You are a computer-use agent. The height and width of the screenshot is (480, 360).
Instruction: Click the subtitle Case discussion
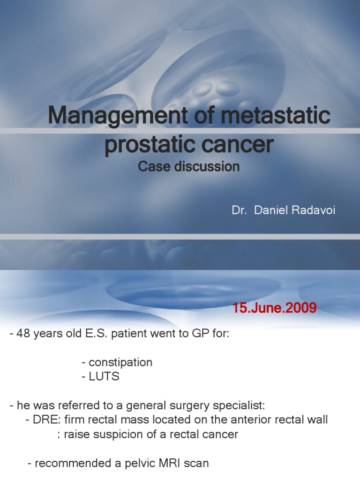point(189,166)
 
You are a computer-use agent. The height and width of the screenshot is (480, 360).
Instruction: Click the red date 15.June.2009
point(274,308)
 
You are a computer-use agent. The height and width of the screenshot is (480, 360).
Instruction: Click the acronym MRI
point(162,464)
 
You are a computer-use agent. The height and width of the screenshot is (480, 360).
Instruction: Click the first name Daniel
point(272,210)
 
